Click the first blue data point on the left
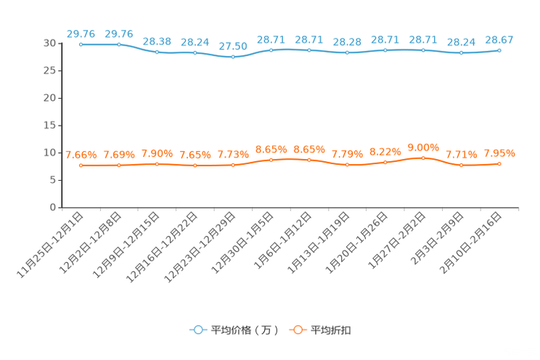81,44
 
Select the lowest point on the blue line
233,57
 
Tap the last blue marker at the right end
499,50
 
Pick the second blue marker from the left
119,44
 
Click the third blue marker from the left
157,52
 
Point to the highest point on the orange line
424,157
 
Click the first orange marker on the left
81,165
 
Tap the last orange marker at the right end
499,164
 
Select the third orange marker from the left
157,163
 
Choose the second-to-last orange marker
462,165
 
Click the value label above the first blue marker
81,33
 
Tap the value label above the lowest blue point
233,46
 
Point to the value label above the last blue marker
499,39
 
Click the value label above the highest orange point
424,147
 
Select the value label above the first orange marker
81,155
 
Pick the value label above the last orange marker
499,153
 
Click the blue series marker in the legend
197,330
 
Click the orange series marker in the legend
297,330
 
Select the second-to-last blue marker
462,52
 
